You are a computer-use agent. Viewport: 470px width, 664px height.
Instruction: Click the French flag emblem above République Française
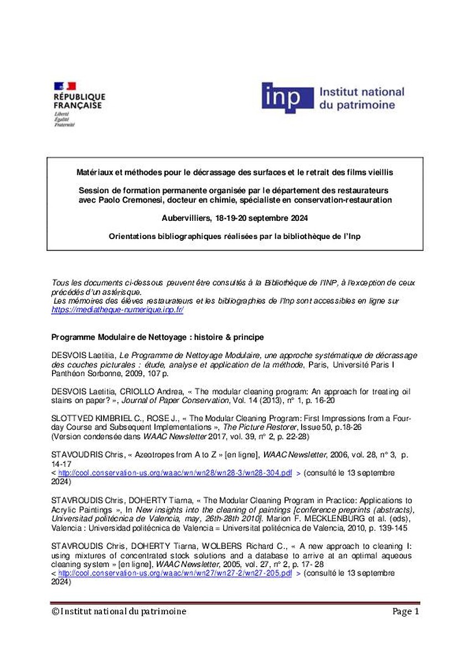[64, 86]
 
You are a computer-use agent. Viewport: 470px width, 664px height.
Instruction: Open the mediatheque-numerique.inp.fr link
[117, 310]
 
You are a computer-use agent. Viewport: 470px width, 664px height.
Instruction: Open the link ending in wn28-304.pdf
[175, 474]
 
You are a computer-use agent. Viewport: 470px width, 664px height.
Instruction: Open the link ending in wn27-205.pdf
[175, 573]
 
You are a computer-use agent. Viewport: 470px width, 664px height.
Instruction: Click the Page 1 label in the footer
[406, 611]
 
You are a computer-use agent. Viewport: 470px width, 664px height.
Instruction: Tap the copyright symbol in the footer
[55, 611]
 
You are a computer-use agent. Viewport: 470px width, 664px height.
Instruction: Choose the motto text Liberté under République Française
[61, 113]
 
